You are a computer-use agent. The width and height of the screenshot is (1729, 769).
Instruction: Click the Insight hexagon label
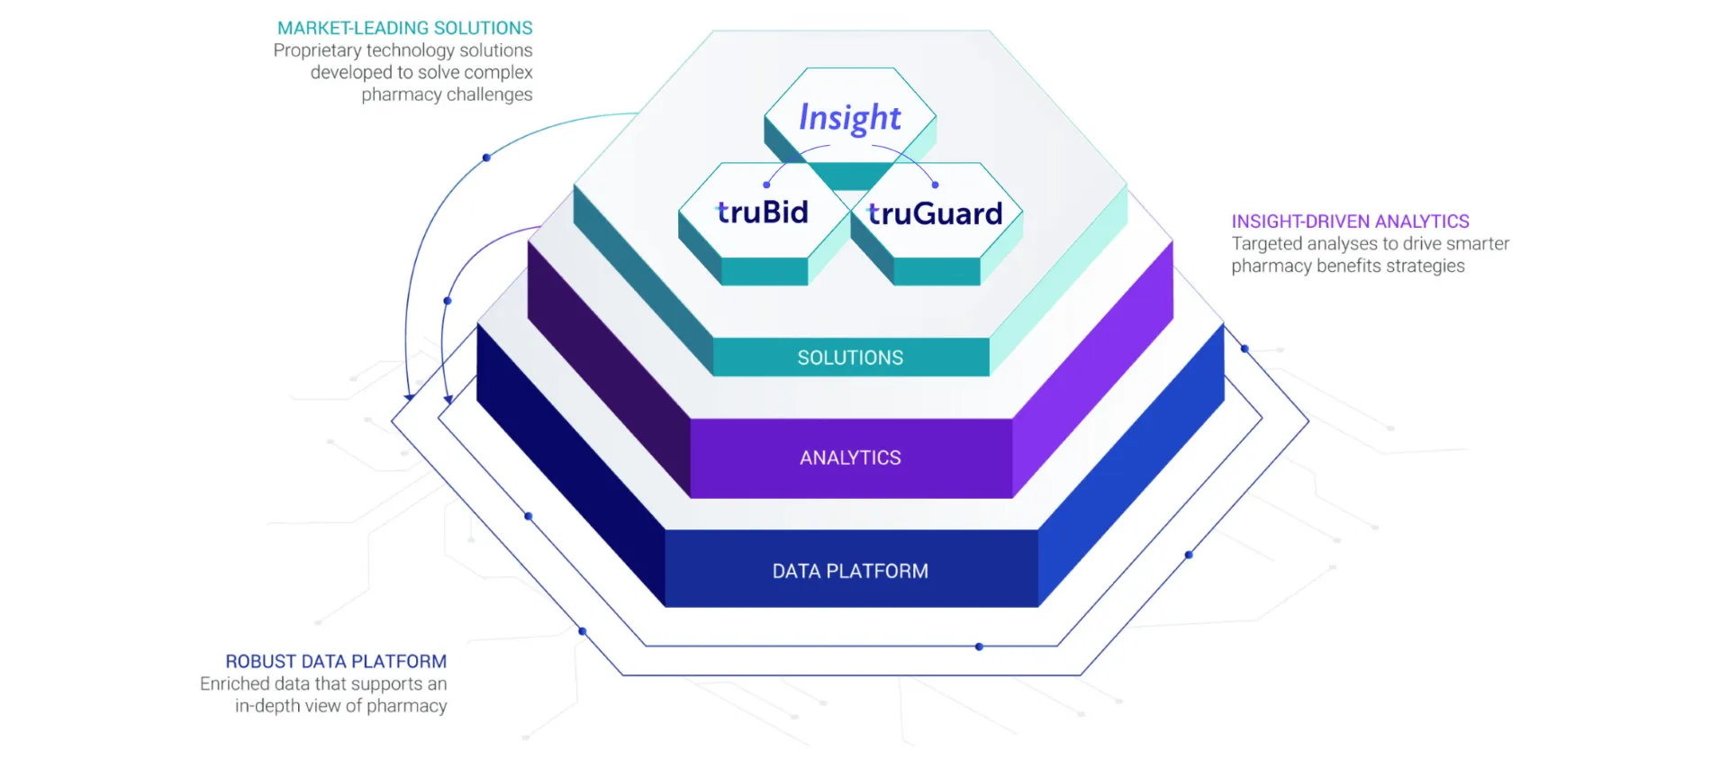click(849, 118)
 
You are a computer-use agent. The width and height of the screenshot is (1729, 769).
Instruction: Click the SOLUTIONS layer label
click(850, 357)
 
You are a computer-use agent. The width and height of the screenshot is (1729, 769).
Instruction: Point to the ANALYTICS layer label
click(850, 457)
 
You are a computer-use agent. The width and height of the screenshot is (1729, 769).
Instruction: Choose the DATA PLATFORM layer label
click(850, 571)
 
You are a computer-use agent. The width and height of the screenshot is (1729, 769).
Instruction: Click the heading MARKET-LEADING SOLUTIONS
click(404, 28)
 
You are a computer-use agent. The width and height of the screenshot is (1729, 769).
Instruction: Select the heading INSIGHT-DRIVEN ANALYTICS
click(1350, 222)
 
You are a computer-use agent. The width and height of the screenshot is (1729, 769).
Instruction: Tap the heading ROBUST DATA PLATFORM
click(335, 662)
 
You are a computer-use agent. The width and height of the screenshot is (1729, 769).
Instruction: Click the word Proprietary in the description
click(316, 50)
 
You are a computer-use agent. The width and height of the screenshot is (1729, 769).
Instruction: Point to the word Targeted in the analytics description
click(1266, 244)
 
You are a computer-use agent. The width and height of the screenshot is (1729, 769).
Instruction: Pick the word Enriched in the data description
click(234, 684)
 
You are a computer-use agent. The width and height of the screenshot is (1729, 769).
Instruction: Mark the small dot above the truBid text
click(766, 185)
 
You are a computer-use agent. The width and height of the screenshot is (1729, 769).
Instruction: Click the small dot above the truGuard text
click(935, 185)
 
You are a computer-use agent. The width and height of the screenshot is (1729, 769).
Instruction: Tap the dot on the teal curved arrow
click(486, 158)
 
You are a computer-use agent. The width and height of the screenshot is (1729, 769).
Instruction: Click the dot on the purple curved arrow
click(448, 301)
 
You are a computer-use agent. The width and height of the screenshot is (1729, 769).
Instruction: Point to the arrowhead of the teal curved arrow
click(409, 396)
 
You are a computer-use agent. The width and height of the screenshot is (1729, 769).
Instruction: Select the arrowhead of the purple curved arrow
click(448, 399)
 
